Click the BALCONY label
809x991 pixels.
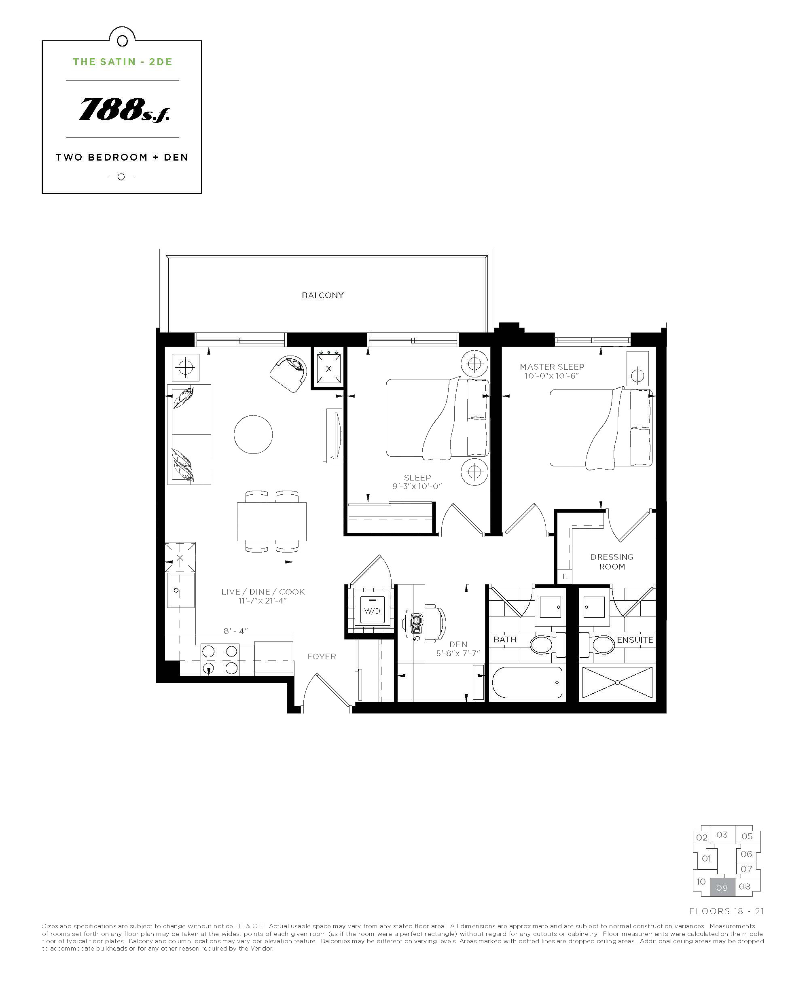pyautogui.click(x=322, y=295)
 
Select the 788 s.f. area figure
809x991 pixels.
pyautogui.click(x=125, y=110)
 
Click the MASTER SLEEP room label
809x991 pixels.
pyautogui.click(x=552, y=367)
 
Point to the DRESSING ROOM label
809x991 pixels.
pyautogui.click(x=612, y=561)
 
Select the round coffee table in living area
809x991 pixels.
pyautogui.click(x=253, y=434)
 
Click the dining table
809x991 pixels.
pyautogui.click(x=272, y=521)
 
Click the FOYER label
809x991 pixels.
pyautogui.click(x=322, y=656)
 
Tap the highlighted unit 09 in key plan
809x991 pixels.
pyautogui.click(x=722, y=887)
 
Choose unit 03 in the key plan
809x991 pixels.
pyautogui.click(x=722, y=834)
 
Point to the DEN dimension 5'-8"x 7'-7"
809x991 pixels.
pyautogui.click(x=458, y=653)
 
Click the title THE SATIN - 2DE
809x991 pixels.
pyautogui.click(x=123, y=62)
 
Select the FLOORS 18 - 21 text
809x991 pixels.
pyautogui.click(x=726, y=911)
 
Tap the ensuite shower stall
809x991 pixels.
pyautogui.click(x=617, y=682)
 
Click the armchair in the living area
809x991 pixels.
pyautogui.click(x=289, y=374)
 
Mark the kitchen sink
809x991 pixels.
pyautogui.click(x=180, y=590)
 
